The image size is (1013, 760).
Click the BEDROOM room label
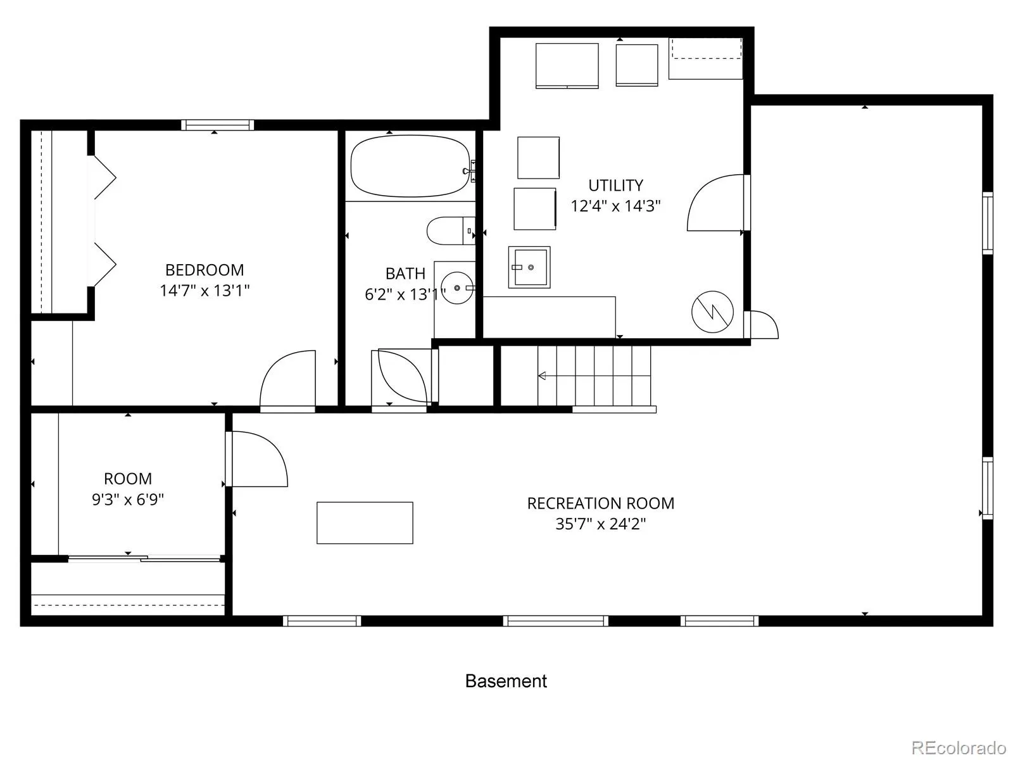coord(204,270)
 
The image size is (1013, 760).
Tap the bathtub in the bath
coord(410,166)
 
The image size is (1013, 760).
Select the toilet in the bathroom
coord(450,231)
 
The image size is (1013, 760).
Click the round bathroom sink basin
coord(457,288)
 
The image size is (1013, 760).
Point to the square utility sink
coord(529,267)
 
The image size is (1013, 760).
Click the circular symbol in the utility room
coord(712,312)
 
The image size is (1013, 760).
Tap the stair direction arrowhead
coord(542,376)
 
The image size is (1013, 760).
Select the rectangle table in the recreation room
coord(365,523)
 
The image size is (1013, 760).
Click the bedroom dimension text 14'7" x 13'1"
coord(204,291)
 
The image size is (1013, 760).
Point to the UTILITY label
coord(615,186)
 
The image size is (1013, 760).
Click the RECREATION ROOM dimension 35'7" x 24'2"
coord(600,524)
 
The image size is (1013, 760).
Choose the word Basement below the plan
coord(507,681)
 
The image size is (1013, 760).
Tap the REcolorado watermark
coord(957,747)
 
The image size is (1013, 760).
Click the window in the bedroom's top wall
coord(217,125)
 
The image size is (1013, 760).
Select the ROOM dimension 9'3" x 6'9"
coord(128,499)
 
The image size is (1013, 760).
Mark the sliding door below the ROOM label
coord(144,559)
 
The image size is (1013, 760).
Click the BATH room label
coord(405,274)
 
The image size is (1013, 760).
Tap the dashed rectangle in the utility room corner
coord(706,49)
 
